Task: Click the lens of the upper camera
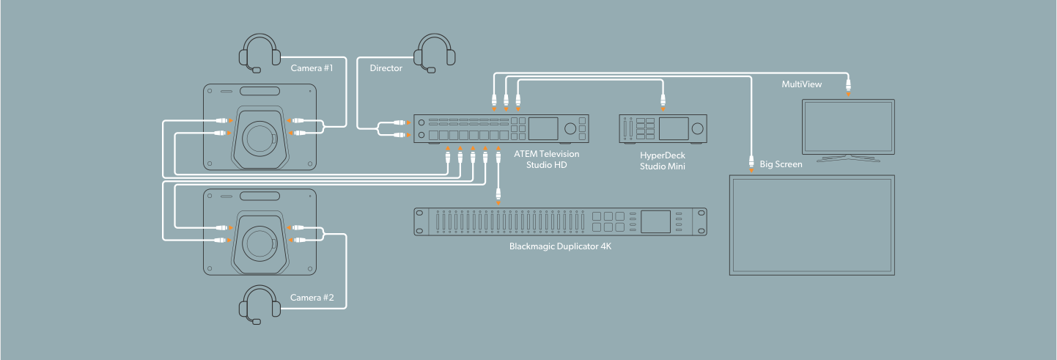click(x=262, y=136)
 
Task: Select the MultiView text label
click(x=801, y=85)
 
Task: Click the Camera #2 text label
click(x=311, y=298)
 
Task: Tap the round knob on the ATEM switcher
click(x=569, y=129)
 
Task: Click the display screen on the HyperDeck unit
click(x=673, y=128)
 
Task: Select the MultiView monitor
click(x=847, y=126)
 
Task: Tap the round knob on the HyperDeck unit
click(x=696, y=128)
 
